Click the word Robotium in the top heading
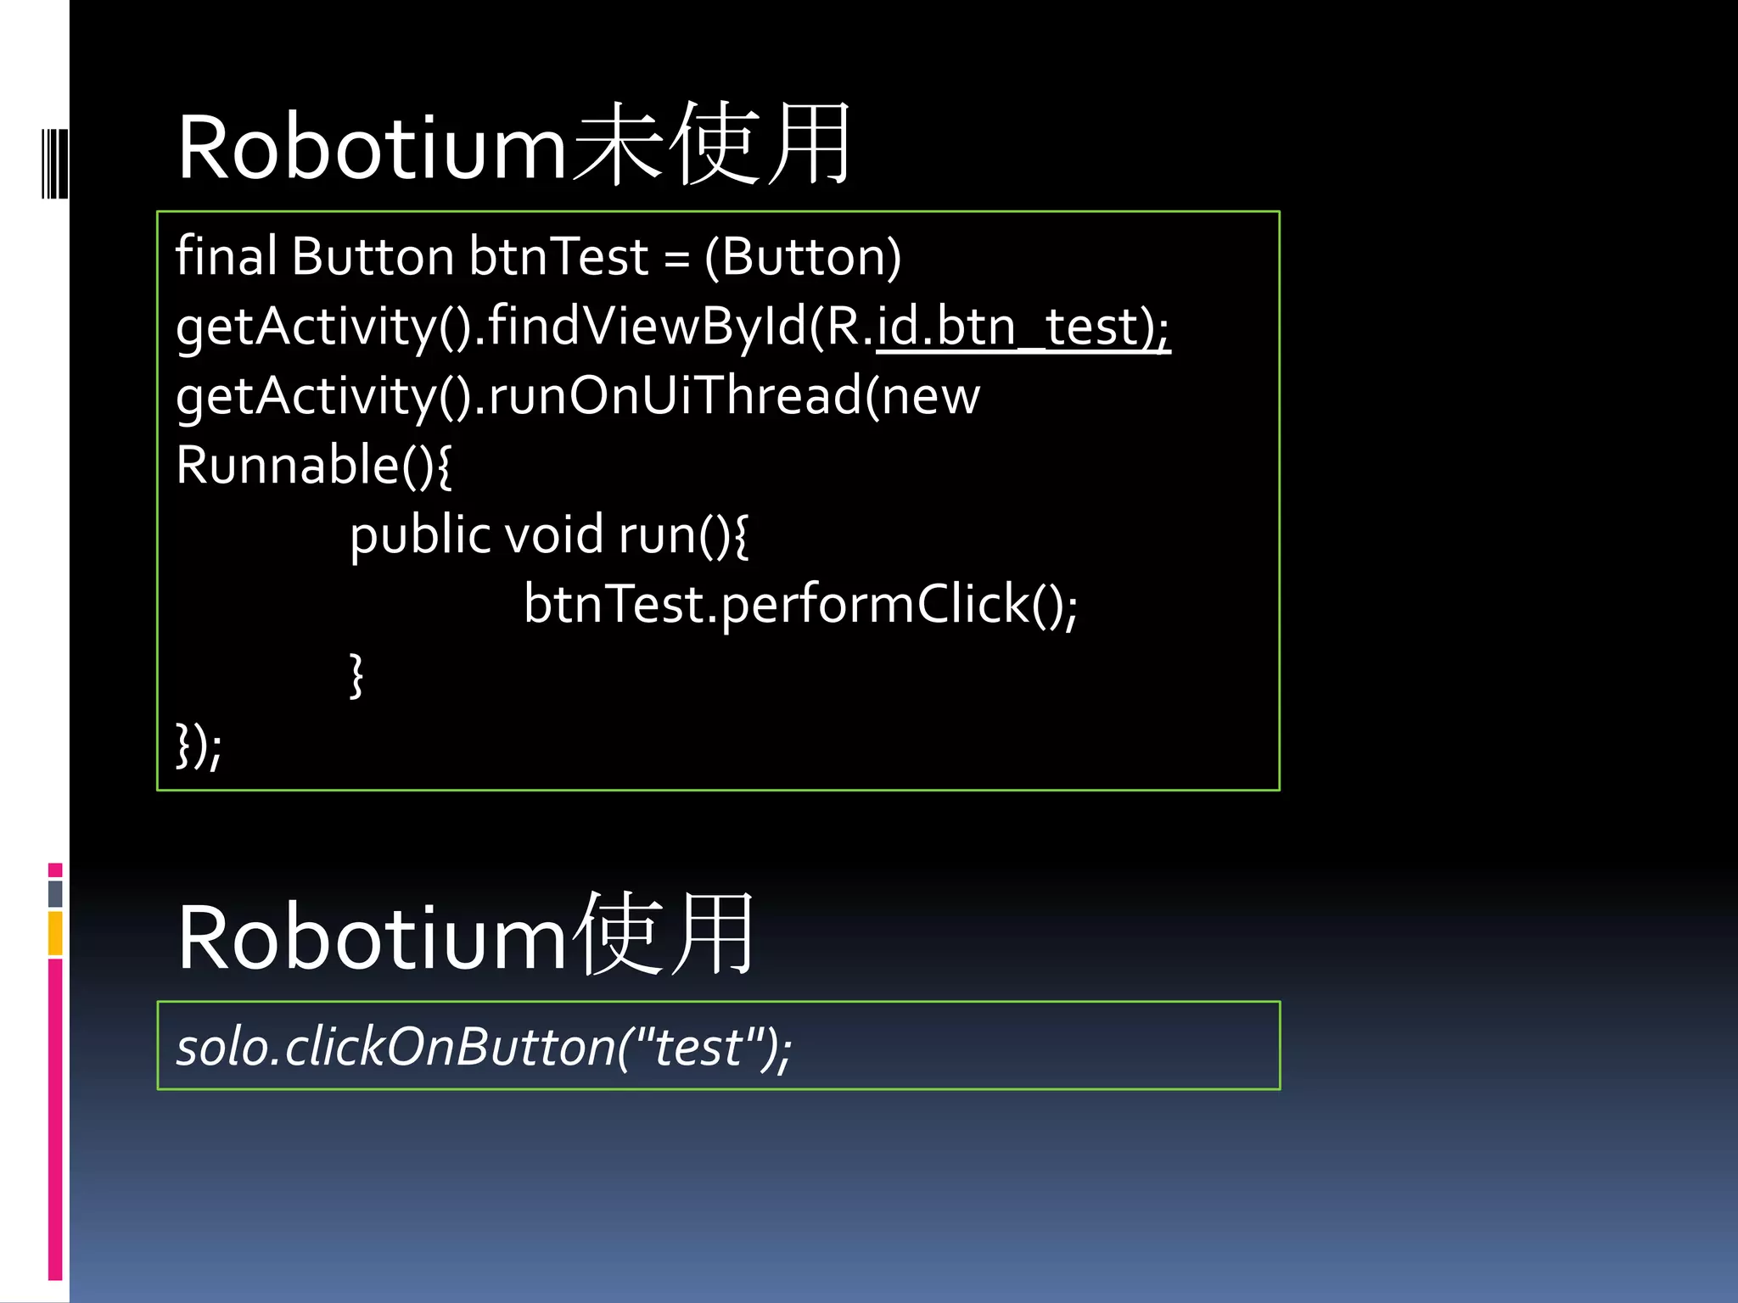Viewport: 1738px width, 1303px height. (x=372, y=148)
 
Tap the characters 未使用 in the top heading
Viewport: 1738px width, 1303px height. (x=711, y=144)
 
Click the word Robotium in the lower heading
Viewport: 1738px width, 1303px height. (x=372, y=938)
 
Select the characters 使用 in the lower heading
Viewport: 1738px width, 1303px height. (x=664, y=935)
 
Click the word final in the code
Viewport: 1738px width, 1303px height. (x=226, y=256)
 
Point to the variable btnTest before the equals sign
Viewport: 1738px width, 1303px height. (x=558, y=256)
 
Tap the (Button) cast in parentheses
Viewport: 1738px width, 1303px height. (x=803, y=257)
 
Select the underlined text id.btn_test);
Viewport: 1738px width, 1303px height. (x=1023, y=327)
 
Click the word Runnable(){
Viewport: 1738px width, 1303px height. (x=314, y=465)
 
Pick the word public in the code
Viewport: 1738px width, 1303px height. (x=420, y=536)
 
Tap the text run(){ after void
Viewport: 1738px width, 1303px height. (x=683, y=536)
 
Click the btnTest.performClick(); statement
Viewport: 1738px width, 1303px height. (x=800, y=605)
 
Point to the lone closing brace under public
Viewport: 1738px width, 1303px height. (x=357, y=675)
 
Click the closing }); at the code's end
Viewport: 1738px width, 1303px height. (x=199, y=746)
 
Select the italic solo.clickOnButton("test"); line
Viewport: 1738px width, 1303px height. (x=484, y=1047)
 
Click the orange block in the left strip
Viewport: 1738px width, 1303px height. (x=55, y=932)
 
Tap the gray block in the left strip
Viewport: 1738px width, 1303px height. (x=55, y=893)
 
